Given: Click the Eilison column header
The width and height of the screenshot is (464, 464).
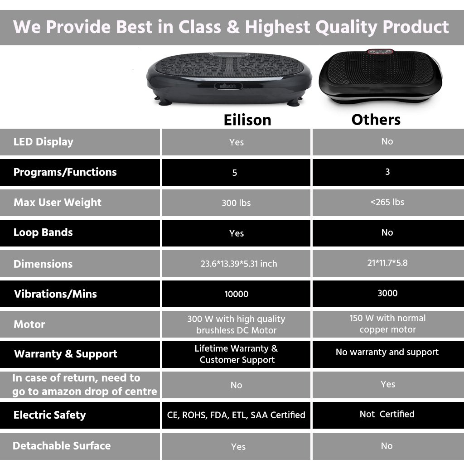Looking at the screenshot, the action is coord(247,120).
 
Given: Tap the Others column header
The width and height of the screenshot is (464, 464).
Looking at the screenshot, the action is coord(376,120).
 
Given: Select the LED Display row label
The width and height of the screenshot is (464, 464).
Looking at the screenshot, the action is coord(43,142).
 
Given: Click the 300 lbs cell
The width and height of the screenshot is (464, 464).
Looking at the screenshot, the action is coord(236,203).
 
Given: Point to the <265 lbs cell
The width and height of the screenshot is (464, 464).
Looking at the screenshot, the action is coord(387,202).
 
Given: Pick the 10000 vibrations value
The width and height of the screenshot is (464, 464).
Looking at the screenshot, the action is coord(236,294).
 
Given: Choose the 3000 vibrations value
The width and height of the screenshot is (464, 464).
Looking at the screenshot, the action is coord(387,293).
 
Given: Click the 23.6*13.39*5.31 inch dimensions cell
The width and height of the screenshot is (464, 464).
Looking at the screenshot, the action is coord(239,263).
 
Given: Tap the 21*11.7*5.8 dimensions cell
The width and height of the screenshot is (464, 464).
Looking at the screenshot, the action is coord(387,263).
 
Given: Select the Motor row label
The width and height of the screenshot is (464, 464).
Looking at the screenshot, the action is coord(29,324).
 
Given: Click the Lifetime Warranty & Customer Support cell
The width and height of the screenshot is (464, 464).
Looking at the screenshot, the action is coord(237,354).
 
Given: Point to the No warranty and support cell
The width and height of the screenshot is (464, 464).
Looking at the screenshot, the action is coord(387,352).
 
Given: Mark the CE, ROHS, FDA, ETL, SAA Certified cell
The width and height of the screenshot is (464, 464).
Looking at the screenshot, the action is coord(236,415).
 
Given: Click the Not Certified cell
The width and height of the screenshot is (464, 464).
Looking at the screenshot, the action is coord(387,414).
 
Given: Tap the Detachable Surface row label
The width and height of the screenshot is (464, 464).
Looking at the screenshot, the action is coord(62,446).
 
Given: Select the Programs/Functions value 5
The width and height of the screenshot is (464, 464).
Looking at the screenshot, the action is coord(235,173).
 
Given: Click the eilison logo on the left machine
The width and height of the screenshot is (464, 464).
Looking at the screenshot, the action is coord(228,86).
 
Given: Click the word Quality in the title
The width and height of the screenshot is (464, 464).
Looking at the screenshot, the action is coord(346,27).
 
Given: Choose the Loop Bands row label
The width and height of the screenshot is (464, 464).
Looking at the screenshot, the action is coord(43,232).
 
